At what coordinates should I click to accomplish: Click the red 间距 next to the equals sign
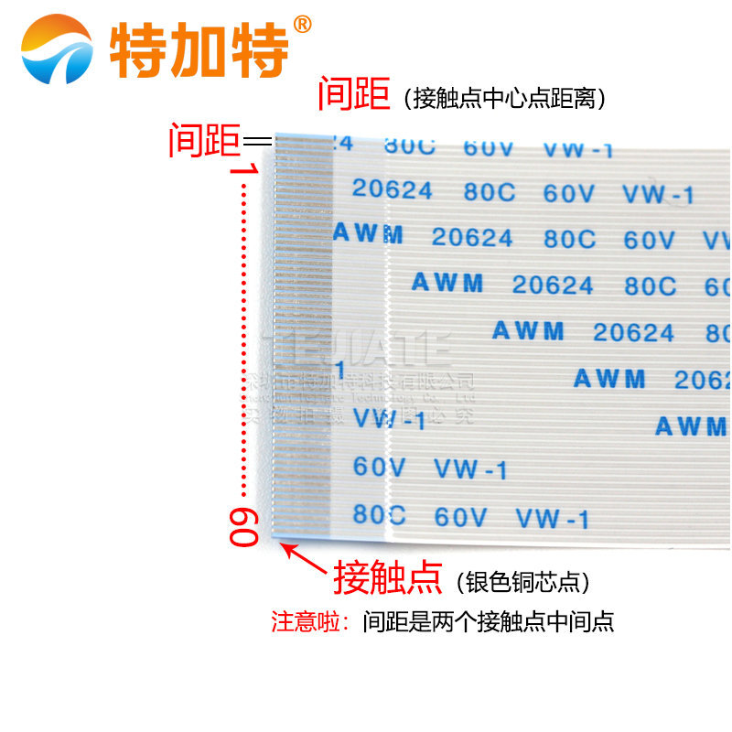(204, 141)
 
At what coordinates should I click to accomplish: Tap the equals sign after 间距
(258, 141)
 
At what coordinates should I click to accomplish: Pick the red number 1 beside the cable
(244, 169)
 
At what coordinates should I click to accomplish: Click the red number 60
(243, 527)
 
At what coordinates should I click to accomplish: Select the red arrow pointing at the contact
(302, 558)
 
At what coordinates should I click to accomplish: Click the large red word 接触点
(388, 577)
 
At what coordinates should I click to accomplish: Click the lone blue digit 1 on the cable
(340, 371)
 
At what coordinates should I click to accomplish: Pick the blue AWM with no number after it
(691, 426)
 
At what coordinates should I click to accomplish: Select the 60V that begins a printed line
(380, 467)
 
